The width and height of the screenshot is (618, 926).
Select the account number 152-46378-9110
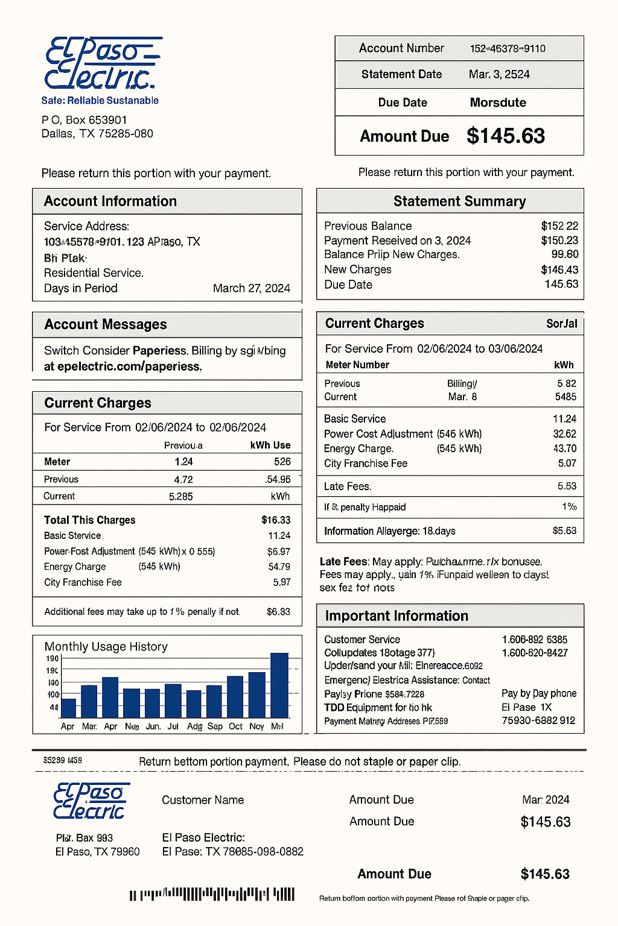point(508,49)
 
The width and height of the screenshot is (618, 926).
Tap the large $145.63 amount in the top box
point(506,136)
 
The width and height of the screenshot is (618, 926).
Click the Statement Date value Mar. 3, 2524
point(499,75)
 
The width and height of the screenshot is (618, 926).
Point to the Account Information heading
point(110,201)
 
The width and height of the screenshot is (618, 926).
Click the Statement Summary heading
point(459,201)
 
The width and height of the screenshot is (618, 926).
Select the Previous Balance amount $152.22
point(559,226)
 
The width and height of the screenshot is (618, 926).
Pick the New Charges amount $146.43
point(559,270)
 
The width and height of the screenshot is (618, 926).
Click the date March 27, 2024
point(252,288)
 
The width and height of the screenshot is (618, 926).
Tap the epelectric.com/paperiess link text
point(129,367)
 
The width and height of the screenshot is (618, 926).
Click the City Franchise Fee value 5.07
point(567,464)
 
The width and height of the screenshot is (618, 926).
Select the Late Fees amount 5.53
point(567,487)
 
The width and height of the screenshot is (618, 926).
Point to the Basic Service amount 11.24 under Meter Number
point(564,419)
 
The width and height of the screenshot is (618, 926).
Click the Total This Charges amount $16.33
point(276,520)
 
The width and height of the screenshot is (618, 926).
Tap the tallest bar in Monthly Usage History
point(279,685)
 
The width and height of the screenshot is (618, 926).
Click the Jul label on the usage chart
point(173,726)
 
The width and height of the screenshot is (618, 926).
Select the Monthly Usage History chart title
point(106,647)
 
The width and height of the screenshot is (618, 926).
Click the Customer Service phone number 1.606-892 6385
point(534,640)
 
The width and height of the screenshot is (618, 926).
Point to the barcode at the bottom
point(212,894)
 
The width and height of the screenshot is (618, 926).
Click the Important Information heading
point(397,616)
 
